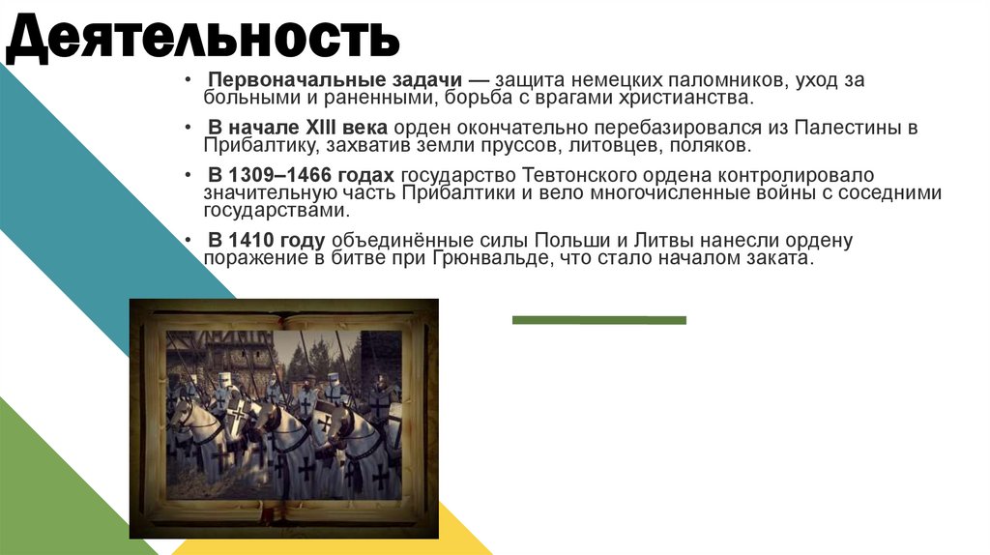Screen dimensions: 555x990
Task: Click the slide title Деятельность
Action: point(203,39)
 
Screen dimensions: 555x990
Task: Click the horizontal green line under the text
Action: point(598,320)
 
